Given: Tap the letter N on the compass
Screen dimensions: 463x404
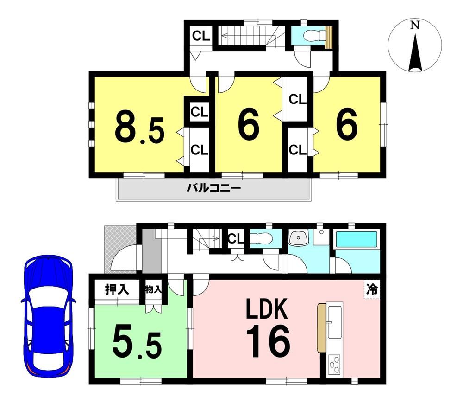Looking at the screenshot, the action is coord(415,26).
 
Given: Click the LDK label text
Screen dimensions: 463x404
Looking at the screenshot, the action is coord(267,308).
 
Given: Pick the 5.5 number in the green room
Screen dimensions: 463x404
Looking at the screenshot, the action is coord(137,345).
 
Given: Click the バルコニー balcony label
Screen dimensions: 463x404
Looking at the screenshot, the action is coord(214,188).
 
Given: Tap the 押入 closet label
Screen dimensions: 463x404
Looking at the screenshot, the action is coord(117,290).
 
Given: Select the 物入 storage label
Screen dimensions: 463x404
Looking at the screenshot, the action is coord(153,289).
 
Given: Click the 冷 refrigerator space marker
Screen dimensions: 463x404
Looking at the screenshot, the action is coord(372,289).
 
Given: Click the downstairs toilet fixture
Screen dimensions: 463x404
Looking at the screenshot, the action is coord(261,238).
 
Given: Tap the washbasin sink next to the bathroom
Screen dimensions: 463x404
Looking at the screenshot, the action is coord(299,238).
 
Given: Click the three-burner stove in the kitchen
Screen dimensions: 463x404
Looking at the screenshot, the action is coord(334,366).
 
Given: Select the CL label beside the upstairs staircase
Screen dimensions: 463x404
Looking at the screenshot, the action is coord(201,36).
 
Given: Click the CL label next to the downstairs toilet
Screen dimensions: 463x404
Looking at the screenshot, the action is coord(236,238).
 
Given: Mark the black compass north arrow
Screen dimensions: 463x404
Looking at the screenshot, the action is coord(415,52).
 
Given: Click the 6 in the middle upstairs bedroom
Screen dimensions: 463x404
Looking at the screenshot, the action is coord(249,124).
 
